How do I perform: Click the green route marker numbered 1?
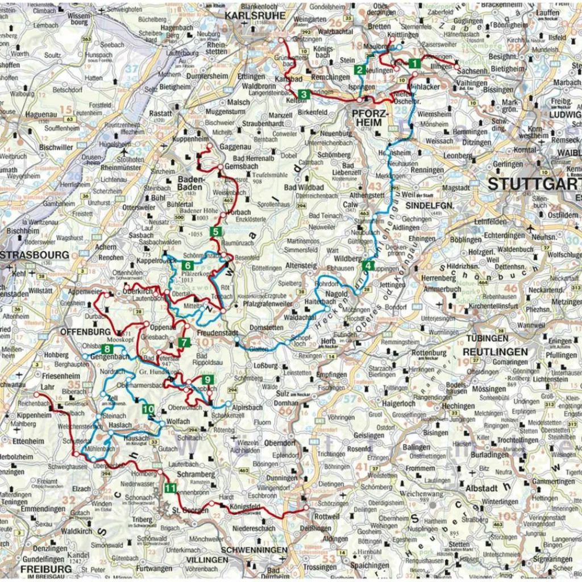pos(414,64)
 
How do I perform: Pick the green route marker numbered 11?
pos(171,488)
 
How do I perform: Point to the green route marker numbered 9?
pos(207,380)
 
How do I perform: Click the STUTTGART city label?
pos(534,184)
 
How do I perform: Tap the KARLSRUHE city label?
pos(248,15)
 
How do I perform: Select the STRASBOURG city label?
pos(34,255)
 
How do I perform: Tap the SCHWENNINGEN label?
pos(254,550)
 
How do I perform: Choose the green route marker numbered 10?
pos(148,409)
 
